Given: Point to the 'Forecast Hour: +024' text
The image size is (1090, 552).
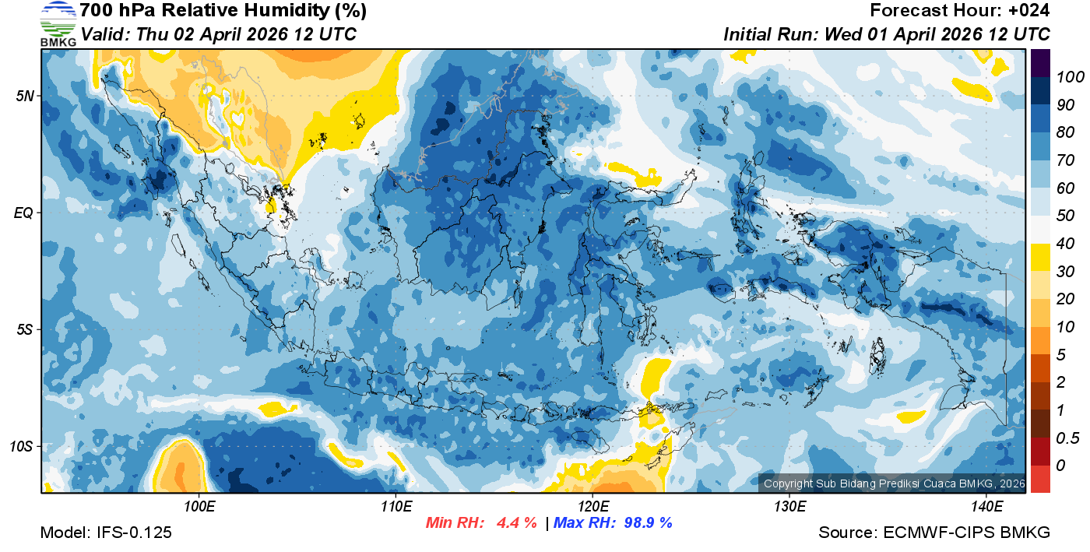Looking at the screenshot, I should click(960, 11).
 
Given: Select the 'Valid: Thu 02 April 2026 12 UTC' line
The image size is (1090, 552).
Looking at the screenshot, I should click(219, 34).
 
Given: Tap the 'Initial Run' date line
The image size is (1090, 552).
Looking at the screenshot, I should click(887, 34).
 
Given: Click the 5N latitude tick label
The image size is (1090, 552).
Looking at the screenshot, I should click(24, 96).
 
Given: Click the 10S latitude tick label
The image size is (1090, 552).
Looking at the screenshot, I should click(21, 447).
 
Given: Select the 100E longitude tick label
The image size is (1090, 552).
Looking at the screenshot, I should click(199, 507).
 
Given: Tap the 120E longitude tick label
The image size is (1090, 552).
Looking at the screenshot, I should click(592, 507).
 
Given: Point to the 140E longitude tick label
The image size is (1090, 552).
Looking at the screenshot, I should click(986, 507).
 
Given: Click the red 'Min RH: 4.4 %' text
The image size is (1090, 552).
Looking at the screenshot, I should click(481, 522).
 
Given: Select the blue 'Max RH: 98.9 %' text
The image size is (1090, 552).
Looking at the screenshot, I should click(613, 522).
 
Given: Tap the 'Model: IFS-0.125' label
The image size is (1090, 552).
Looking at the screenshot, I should click(106, 533).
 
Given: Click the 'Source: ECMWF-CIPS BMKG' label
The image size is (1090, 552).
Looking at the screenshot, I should click(934, 533).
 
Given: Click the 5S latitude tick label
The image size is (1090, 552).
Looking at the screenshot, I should click(24, 330).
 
